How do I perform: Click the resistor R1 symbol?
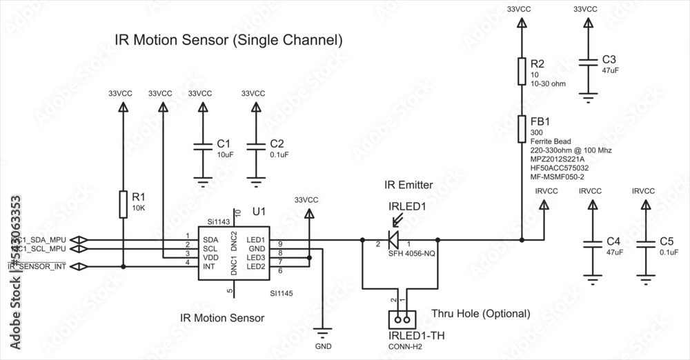point(123,204)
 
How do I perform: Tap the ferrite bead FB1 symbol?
point(522,128)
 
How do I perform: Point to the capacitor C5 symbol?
point(645,244)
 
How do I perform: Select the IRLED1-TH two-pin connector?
point(400,319)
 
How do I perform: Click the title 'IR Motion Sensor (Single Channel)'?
point(228,40)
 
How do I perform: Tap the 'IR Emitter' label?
point(408,185)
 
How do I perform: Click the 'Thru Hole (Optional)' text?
point(480,314)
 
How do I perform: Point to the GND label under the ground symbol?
point(323,345)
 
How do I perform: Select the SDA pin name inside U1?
point(210,239)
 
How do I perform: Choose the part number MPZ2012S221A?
point(557,159)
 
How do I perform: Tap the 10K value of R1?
point(138,208)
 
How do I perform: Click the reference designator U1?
point(259,210)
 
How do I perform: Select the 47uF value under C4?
point(614,253)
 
